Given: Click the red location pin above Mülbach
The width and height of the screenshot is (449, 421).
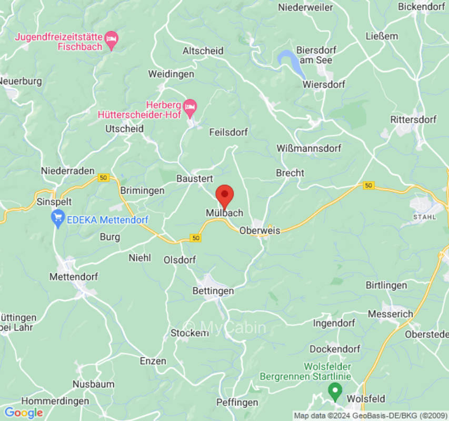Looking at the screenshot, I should click(225, 196).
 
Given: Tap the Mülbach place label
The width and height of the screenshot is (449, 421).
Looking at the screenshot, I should click(225, 213).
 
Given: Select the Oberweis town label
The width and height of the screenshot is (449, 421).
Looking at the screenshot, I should click(260, 230).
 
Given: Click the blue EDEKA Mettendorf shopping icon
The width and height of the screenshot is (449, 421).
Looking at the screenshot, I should click(58, 217).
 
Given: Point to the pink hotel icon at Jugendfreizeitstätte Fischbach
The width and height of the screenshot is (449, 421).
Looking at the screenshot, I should click(112, 39).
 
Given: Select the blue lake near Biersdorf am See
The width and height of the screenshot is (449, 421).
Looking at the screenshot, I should click(291, 63).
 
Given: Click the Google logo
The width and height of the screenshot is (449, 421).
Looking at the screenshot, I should click(24, 413).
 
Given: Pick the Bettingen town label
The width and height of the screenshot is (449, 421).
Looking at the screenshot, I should click(213, 290).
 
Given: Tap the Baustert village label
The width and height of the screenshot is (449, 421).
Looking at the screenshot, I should click(194, 179).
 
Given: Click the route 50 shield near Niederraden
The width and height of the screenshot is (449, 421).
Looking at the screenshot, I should click(103, 178).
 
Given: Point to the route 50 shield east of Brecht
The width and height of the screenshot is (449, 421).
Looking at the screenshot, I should click(368, 185).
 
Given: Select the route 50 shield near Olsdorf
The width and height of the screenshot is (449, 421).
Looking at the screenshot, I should click(196, 238).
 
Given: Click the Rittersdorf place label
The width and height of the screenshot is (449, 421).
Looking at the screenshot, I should click(413, 119).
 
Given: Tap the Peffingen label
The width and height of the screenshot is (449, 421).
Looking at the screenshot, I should click(237, 403).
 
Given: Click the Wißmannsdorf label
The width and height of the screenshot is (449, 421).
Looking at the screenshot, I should click(309, 148).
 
